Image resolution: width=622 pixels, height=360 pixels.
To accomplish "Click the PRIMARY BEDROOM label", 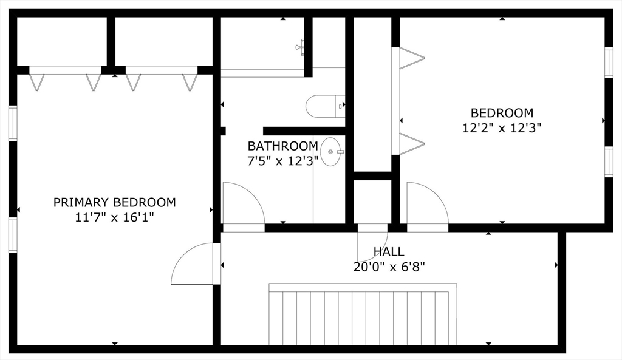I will click(x=114, y=202).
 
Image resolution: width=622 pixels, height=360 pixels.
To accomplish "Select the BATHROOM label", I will click(x=282, y=146).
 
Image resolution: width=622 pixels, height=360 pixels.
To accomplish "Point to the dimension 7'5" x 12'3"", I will click(x=282, y=161).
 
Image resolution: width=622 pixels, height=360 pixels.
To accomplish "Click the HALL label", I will click(x=389, y=251).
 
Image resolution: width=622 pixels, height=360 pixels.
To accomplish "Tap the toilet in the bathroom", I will click(x=324, y=106).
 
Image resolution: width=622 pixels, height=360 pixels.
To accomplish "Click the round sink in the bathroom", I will click(x=331, y=152).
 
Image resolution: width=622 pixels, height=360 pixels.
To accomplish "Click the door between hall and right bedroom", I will click(x=426, y=207).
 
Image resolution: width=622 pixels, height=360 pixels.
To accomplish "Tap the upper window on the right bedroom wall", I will click(x=609, y=63).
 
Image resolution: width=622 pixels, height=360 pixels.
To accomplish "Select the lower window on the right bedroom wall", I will click(x=609, y=162).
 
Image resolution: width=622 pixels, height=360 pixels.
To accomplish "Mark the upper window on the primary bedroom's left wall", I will click(x=12, y=123).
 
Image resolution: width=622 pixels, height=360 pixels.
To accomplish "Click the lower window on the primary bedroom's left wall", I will click(x=12, y=235).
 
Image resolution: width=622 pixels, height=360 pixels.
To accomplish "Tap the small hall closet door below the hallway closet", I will click(x=372, y=240).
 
